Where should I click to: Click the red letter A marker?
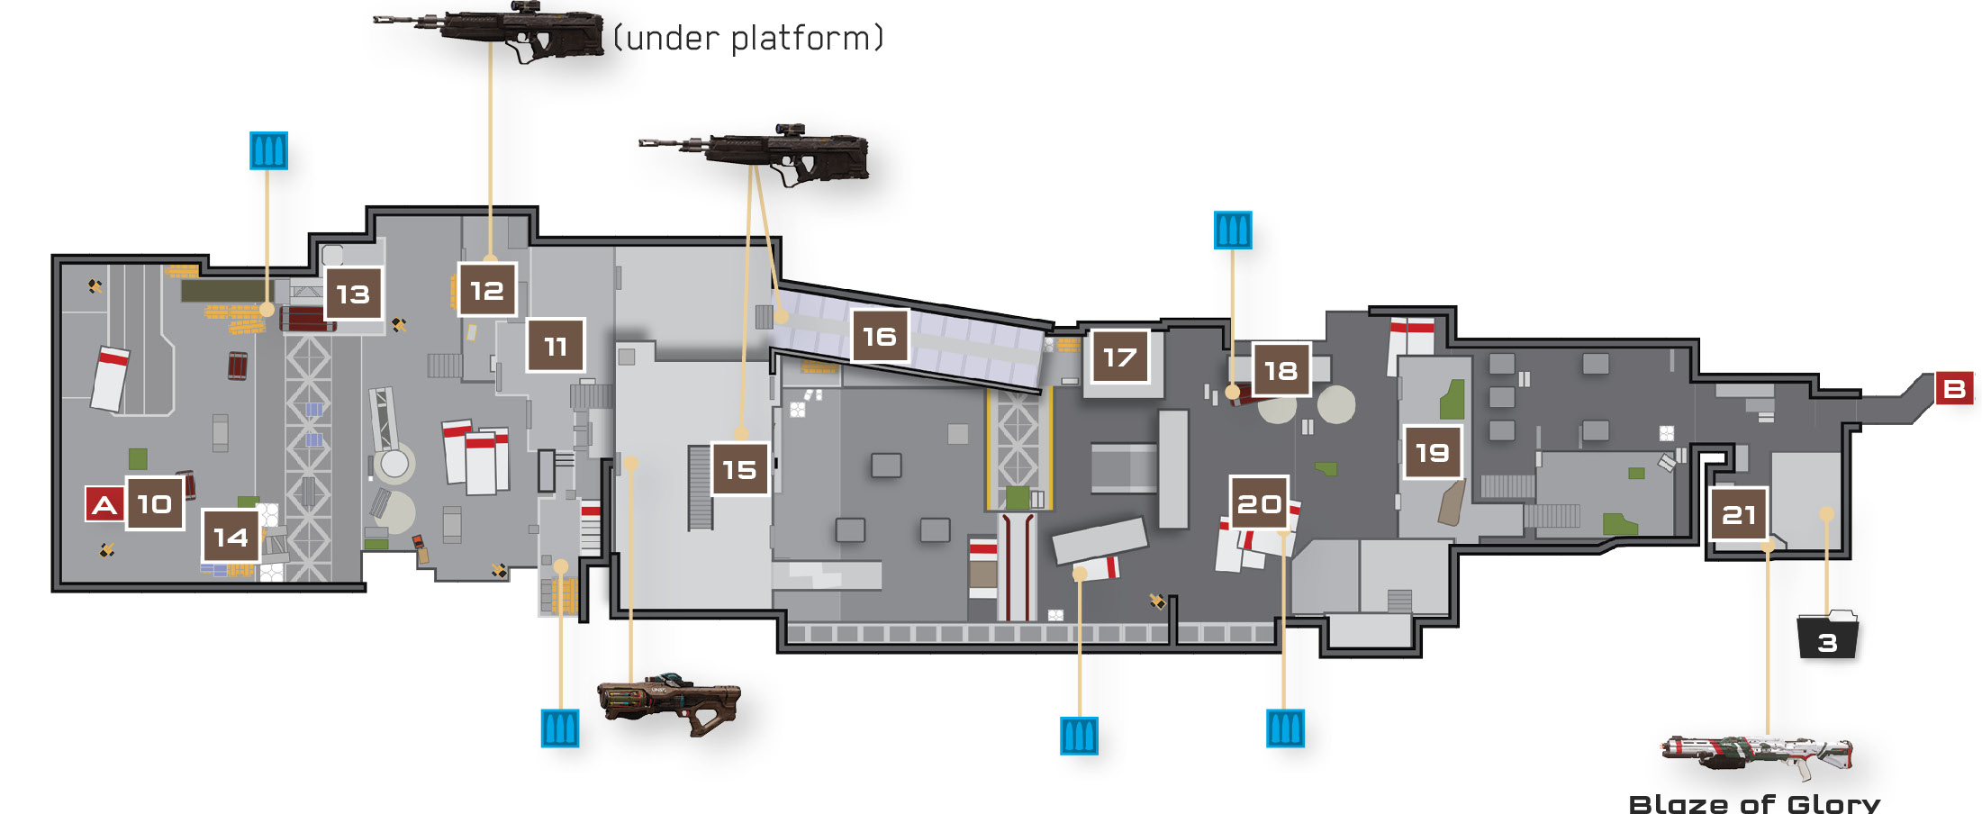[x=104, y=504]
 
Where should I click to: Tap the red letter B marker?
[x=1954, y=389]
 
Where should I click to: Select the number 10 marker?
[x=155, y=504]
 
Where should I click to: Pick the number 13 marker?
[x=353, y=294]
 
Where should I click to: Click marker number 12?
[x=487, y=290]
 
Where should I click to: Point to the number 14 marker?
[x=231, y=537]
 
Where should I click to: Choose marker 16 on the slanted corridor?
[x=880, y=336]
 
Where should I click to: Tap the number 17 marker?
[x=1120, y=357]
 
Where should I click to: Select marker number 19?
[x=1432, y=452]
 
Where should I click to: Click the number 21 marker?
[x=1739, y=514]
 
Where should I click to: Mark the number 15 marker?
[x=740, y=469]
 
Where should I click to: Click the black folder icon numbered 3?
[x=1827, y=635]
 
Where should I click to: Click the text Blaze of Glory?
[x=1754, y=803]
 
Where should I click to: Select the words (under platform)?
[x=748, y=38]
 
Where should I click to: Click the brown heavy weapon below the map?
[x=669, y=704]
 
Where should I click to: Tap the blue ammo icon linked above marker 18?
[x=1233, y=231]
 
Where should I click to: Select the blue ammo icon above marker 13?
[x=268, y=150]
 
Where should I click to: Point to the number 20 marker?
[x=1259, y=503]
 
